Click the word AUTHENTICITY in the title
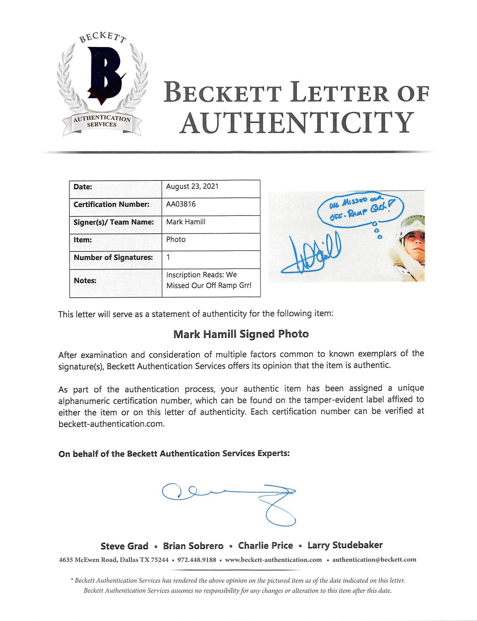click(x=297, y=123)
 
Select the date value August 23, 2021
click(x=192, y=187)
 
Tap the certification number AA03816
click(x=181, y=204)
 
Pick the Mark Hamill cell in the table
click(x=186, y=222)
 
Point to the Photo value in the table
click(x=176, y=239)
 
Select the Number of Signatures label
click(x=113, y=257)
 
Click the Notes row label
click(x=85, y=280)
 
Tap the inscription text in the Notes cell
click(x=209, y=280)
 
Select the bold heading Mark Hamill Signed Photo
click(x=241, y=334)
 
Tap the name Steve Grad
click(x=124, y=546)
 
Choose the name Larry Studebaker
click(x=345, y=545)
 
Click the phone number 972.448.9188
click(x=196, y=560)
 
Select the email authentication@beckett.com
click(x=374, y=560)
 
